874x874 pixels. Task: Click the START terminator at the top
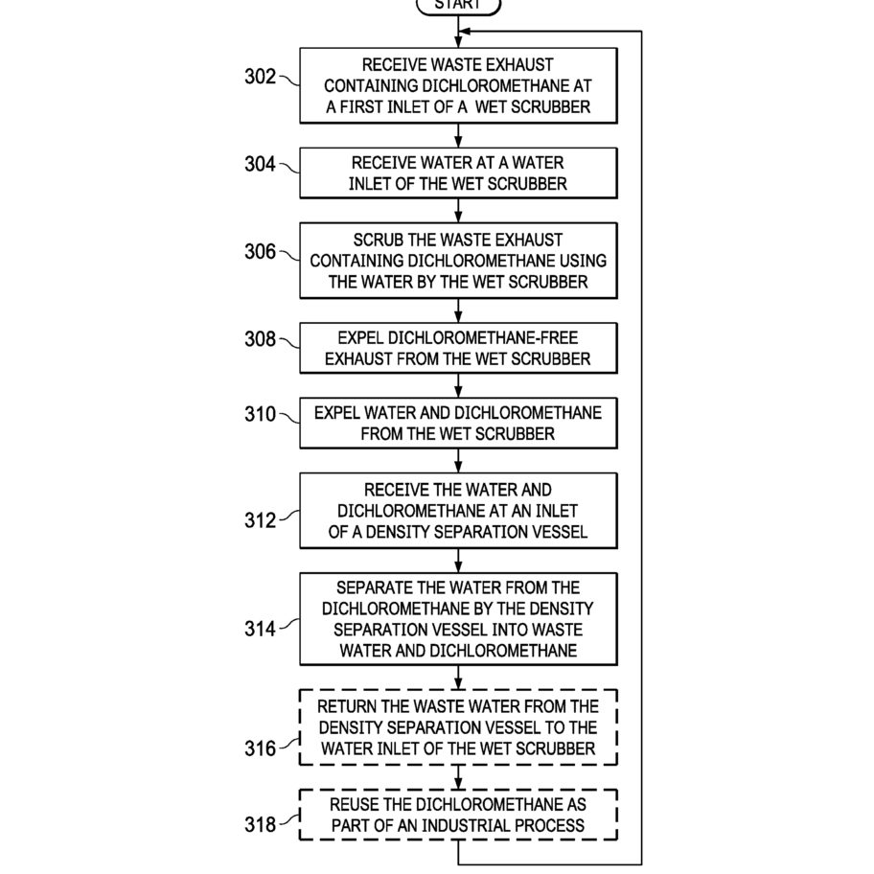point(458,6)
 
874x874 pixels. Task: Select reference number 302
point(260,77)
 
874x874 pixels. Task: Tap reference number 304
point(260,164)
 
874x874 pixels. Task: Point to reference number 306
point(260,251)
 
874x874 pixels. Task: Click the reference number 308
point(260,339)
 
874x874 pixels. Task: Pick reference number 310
point(260,414)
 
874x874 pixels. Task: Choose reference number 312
point(260,520)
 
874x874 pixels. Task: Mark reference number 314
point(260,629)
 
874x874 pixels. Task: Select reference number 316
point(260,748)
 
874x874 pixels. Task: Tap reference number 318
point(260,824)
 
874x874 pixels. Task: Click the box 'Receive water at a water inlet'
point(458,172)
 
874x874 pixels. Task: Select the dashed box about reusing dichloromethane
point(458,815)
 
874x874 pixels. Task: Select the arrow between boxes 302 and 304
point(458,135)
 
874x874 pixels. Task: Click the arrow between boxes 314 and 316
point(458,678)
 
